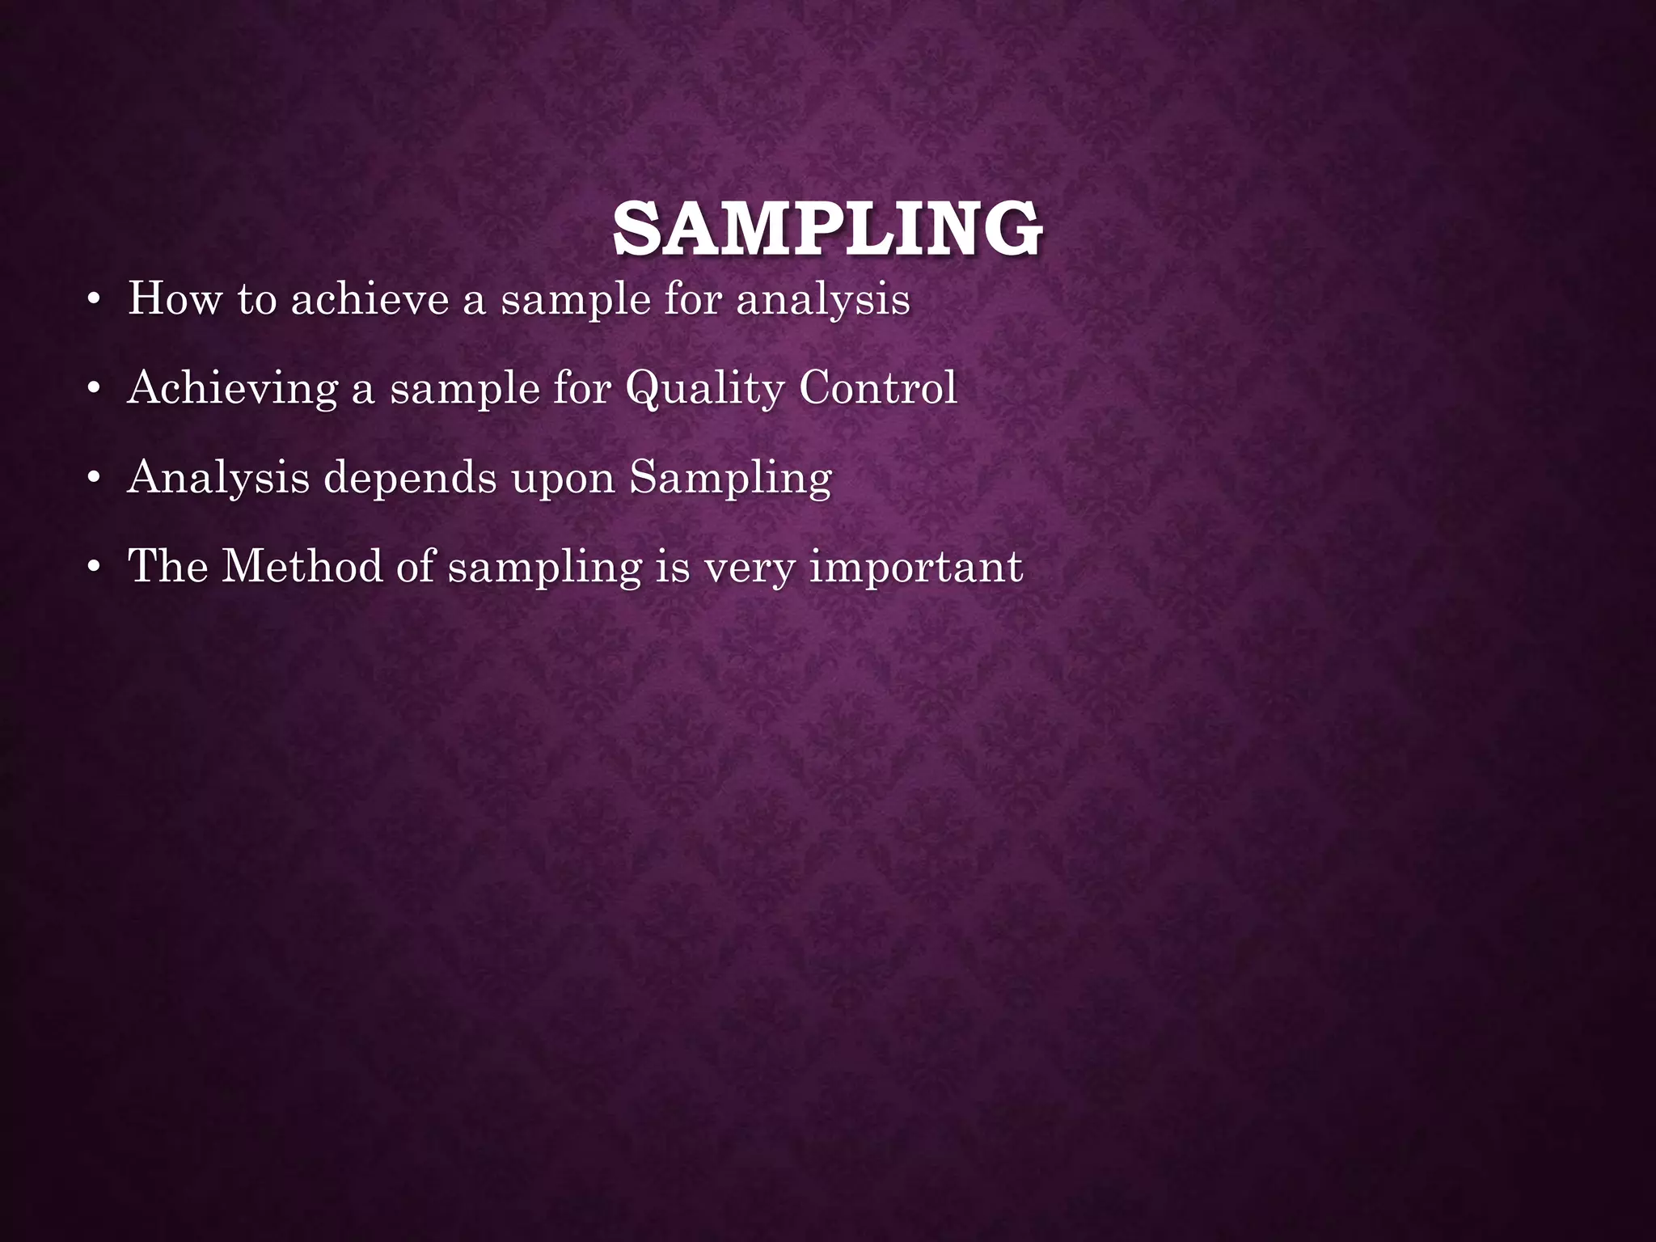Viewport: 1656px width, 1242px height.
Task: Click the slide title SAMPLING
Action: click(x=827, y=230)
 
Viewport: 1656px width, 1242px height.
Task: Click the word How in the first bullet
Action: click(x=175, y=298)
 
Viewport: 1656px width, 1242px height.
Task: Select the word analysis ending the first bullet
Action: click(x=822, y=300)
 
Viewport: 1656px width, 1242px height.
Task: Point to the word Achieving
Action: click(x=232, y=389)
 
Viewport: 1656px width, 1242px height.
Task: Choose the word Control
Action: click(x=878, y=387)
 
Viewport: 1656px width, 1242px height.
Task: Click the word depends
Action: click(x=410, y=478)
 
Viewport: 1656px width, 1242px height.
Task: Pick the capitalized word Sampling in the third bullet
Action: click(x=730, y=478)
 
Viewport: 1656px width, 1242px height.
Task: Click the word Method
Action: click(x=302, y=565)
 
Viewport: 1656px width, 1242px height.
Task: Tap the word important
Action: click(x=915, y=567)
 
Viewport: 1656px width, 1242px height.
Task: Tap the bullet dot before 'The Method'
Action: click(x=94, y=568)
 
